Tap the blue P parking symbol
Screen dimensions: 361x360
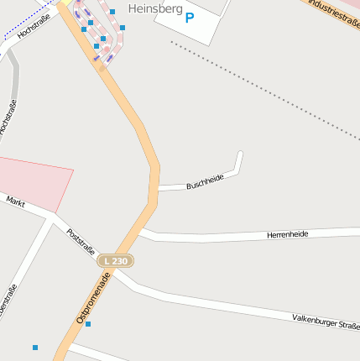click(x=189, y=18)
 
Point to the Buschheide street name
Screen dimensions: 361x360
click(x=205, y=180)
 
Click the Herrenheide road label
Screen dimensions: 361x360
click(x=287, y=234)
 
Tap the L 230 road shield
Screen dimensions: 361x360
click(x=116, y=262)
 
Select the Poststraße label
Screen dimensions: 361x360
click(x=81, y=240)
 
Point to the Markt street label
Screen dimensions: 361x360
click(x=16, y=202)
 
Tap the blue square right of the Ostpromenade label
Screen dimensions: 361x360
click(x=88, y=324)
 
